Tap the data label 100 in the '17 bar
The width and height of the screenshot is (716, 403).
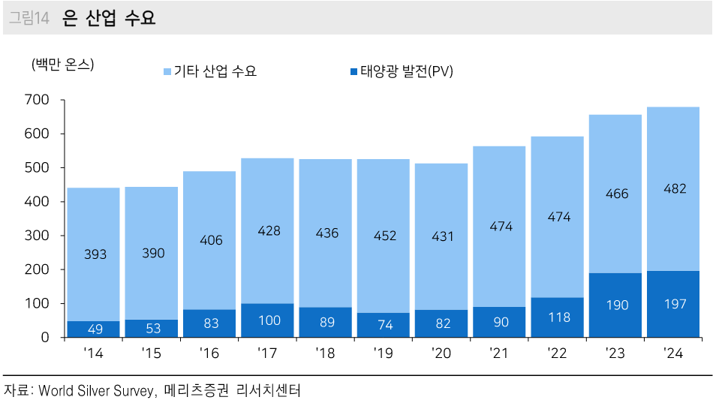tap(269, 320)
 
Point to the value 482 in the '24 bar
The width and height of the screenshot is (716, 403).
tap(674, 189)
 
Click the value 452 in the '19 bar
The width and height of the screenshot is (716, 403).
tap(384, 236)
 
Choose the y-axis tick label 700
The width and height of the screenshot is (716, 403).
tap(36, 100)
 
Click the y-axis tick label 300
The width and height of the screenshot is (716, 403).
tap(36, 236)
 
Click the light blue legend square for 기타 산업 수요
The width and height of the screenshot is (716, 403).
tap(167, 72)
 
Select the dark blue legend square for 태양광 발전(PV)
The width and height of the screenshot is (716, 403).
tap(353, 72)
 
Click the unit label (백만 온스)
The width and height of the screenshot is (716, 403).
tap(62, 65)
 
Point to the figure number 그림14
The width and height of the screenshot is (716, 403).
tap(28, 19)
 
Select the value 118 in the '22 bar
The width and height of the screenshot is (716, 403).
tap(558, 317)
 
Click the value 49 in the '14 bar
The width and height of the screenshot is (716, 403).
tap(94, 329)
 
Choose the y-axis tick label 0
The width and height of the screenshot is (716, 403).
tap(45, 338)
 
